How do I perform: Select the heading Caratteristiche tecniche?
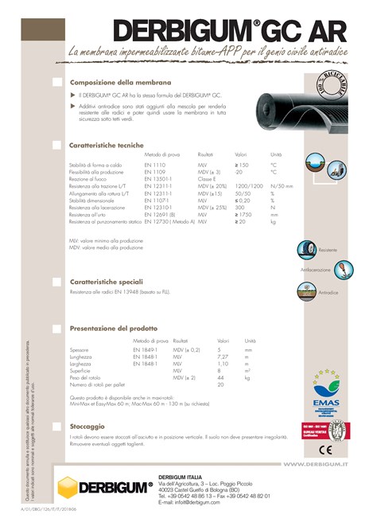click(x=107, y=145)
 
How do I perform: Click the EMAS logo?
click(x=326, y=388)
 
